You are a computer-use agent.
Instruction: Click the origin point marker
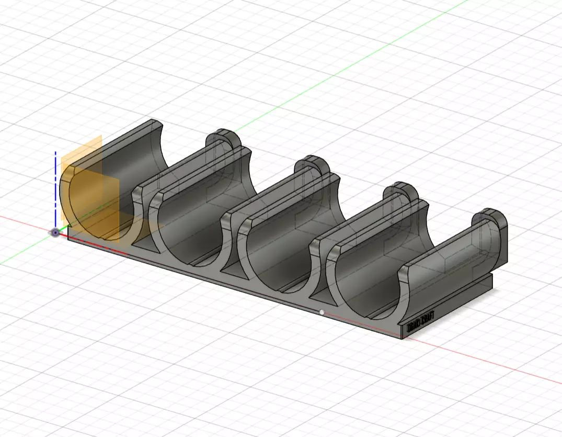point(56,233)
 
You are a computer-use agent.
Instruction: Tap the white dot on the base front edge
point(322,312)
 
